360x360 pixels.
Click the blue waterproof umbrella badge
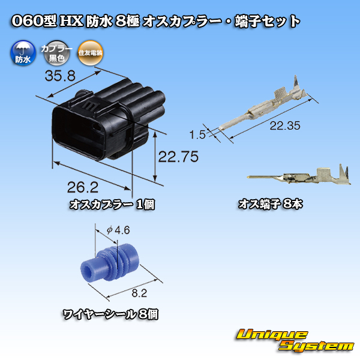(23, 53)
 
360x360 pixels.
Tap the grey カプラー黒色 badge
(56, 53)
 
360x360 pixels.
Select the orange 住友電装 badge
(90, 53)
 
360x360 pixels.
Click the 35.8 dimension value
(60, 76)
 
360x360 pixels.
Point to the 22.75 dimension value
(178, 157)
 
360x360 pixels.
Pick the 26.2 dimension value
(83, 187)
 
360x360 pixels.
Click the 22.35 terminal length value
(285, 125)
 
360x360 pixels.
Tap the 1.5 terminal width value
(197, 134)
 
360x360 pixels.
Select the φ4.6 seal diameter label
(118, 230)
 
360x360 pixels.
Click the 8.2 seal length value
(139, 293)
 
